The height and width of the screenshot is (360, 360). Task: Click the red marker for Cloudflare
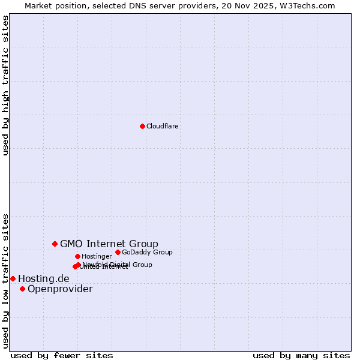142,126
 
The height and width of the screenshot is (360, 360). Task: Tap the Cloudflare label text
163,127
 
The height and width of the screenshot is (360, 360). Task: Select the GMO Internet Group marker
55,244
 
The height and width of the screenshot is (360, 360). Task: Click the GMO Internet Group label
109,244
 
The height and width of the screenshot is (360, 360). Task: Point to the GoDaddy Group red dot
118,252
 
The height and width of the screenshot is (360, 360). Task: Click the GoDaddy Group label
147,253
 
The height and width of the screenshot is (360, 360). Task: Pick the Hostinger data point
77,256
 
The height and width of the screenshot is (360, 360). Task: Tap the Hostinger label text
97,257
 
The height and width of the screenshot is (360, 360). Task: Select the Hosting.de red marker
13,278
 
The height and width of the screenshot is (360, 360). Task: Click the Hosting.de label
44,278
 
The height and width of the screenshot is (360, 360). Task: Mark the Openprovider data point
22,289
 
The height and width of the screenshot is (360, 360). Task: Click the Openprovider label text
60,289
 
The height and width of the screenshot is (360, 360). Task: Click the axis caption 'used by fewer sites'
62,355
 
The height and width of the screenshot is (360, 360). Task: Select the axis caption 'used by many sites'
301,355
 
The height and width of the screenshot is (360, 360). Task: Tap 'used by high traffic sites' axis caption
6,85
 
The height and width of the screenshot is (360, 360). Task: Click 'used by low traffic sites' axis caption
6,280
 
